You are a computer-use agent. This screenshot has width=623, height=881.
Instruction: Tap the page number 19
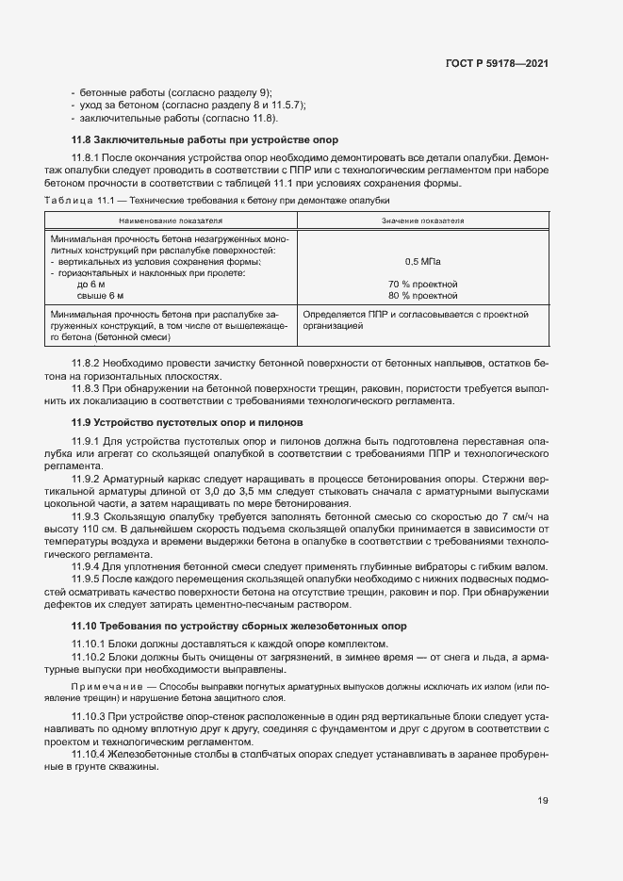tap(543, 801)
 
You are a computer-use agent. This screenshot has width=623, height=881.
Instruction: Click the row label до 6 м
tap(91, 284)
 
